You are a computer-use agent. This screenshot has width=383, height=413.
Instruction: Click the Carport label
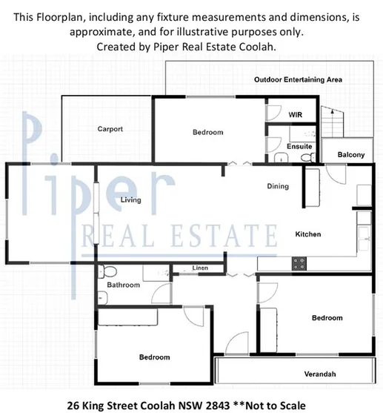coord(110,129)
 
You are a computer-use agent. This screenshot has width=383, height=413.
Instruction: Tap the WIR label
coord(296,115)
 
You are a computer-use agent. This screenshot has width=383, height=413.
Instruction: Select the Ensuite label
coord(299,146)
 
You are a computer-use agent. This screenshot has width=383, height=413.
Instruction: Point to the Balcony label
coord(350,155)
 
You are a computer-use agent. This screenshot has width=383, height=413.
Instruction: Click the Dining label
coord(278,186)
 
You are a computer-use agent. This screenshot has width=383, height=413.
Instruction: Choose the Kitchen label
coord(308,234)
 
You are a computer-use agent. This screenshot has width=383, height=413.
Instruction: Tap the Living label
coord(130,200)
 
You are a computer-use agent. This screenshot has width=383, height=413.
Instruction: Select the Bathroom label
coord(123,285)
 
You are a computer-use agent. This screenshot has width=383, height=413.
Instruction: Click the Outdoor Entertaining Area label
coord(302,79)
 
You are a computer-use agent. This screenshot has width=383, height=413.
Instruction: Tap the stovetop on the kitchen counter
coord(299,262)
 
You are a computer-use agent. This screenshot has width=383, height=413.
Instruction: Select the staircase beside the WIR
coord(334,119)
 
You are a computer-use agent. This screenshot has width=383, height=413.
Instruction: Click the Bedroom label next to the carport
coord(207,132)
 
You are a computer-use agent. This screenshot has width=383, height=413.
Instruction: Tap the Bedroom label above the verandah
coord(327,317)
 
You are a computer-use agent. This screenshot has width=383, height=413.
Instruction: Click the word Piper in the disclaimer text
coord(182,46)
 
